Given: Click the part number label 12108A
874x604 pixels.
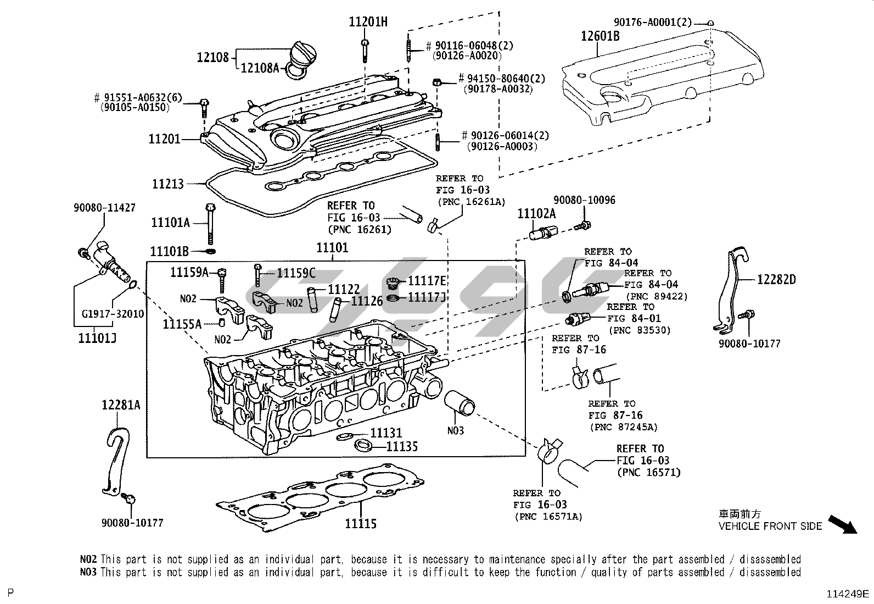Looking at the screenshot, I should [x=260, y=68].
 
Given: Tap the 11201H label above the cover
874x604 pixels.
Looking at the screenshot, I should [x=368, y=22].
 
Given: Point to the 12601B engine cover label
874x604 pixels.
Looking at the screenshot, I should [x=600, y=36].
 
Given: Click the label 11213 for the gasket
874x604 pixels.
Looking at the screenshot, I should [x=168, y=184].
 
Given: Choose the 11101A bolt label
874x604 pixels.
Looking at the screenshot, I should [x=170, y=222].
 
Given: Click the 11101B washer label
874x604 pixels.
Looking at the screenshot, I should [x=170, y=251].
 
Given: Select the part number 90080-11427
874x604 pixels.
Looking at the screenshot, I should [x=104, y=208].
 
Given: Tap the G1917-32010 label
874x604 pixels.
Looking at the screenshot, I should [x=112, y=314].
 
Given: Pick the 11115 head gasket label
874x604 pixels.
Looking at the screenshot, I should [x=361, y=523].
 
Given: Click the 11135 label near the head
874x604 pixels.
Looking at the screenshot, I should [x=402, y=446].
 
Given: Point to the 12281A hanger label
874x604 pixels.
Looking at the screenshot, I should [x=121, y=405].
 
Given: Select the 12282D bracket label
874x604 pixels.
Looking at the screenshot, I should [x=776, y=279].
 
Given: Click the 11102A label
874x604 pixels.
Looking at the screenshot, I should [x=536, y=214].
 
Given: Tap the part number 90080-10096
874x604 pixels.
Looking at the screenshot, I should [x=584, y=200].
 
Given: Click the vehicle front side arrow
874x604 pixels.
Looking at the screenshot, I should [x=842, y=524].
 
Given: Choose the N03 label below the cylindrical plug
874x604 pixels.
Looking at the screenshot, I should [x=455, y=430].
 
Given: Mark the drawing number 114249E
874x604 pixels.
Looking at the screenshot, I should [x=848, y=594].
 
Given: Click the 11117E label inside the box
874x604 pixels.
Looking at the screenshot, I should [x=427, y=281].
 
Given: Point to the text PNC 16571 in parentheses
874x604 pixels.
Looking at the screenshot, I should [x=648, y=472].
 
